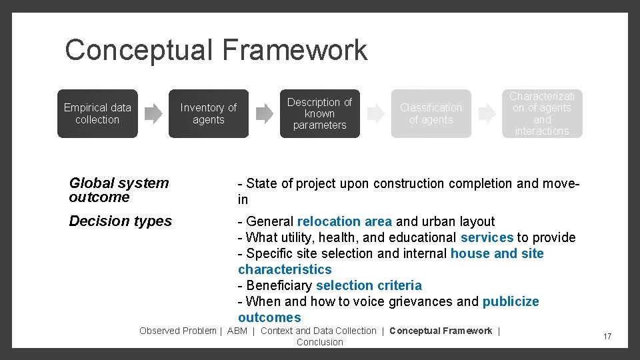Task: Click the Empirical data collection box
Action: point(97,113)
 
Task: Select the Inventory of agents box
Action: point(209,113)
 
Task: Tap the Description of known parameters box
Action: point(319,113)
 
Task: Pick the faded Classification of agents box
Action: point(431,113)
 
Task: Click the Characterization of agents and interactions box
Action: point(542,113)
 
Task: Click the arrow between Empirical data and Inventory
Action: point(153,113)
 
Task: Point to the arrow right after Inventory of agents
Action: point(265,113)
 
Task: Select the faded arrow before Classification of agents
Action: point(376,113)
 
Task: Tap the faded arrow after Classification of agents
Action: point(487,113)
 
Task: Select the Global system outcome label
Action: point(119,190)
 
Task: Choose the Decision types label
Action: point(120,221)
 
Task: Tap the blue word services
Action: point(487,237)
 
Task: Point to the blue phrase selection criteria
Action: point(369,285)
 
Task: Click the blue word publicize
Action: point(511,301)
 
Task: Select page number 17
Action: point(607,337)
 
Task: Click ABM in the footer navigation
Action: point(237,331)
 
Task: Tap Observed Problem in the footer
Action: point(177,331)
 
